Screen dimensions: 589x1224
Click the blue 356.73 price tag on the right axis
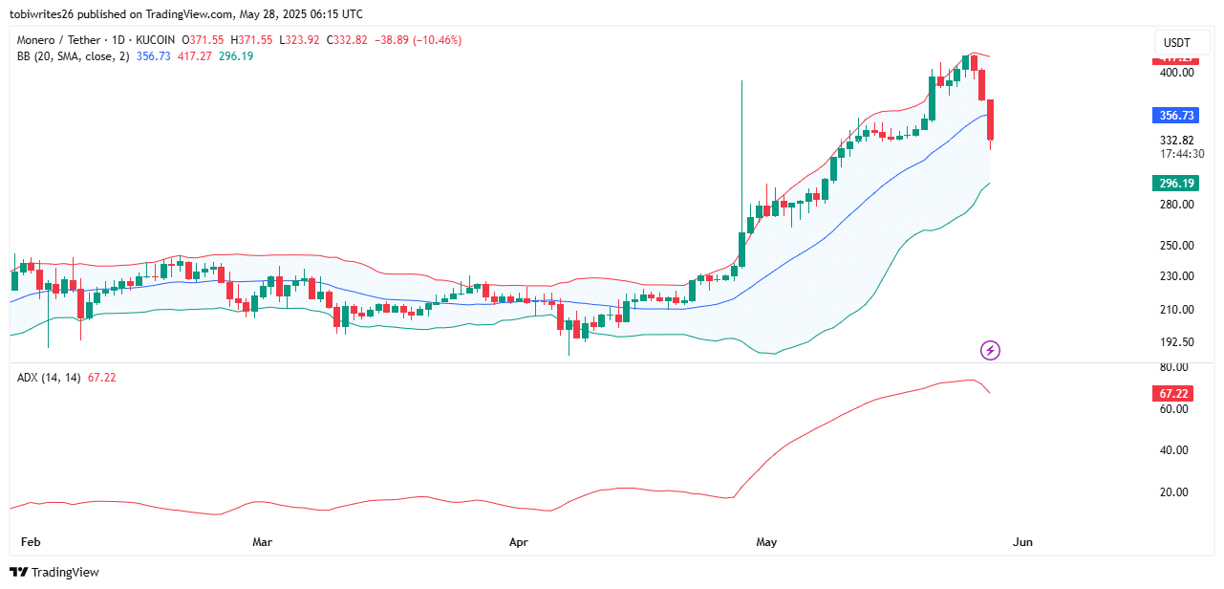pos(1175,116)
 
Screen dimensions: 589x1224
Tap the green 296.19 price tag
pos(1175,184)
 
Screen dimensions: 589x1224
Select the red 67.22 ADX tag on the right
pos(1175,394)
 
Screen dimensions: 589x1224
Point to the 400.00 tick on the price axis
pos(1177,73)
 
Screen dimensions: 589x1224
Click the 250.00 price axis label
pos(1177,246)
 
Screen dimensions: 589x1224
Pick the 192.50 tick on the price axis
pos(1177,342)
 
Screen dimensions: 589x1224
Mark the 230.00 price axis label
pos(1177,276)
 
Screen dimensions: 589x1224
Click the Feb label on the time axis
pos(31,542)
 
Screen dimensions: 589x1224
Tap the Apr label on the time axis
pos(519,542)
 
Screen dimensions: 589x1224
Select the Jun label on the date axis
pos(1022,542)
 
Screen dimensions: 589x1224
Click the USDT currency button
pos(1175,43)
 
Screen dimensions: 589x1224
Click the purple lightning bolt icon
pos(991,351)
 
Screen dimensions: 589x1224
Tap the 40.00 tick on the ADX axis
pos(1174,450)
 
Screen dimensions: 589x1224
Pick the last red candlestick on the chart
pos(992,121)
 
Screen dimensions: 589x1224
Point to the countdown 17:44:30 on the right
pos(1181,154)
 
